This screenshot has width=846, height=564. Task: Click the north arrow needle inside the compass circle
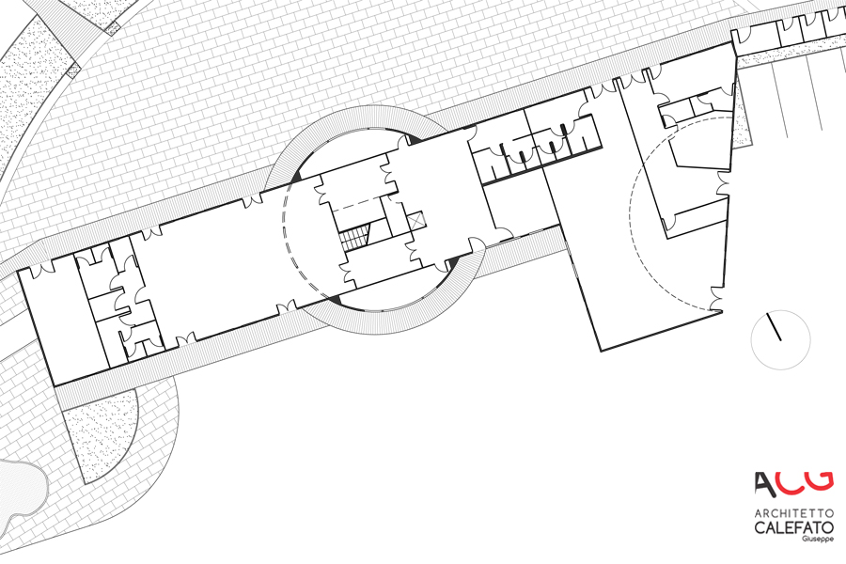[x=775, y=327]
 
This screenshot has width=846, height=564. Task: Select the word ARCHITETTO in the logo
[x=792, y=513]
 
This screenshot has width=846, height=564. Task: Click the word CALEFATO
[x=792, y=528]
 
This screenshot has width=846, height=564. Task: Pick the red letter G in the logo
[x=820, y=479]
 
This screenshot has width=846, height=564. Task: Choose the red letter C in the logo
[x=791, y=481]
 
